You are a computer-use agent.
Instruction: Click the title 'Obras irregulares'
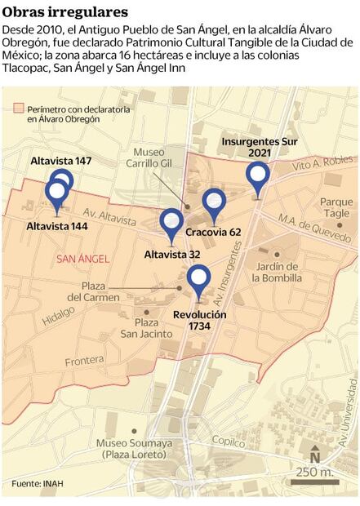(65, 12)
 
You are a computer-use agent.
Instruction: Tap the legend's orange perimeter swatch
(19, 108)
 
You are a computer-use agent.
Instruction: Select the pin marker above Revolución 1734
(199, 277)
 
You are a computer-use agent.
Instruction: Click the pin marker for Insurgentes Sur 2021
(258, 175)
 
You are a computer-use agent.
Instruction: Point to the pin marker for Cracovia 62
(214, 201)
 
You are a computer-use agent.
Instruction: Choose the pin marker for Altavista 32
(171, 221)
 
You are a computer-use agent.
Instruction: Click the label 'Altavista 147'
(60, 162)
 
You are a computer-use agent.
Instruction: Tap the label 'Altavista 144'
(56, 226)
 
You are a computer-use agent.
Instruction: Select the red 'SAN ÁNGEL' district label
(82, 259)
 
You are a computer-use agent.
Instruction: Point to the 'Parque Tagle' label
(336, 207)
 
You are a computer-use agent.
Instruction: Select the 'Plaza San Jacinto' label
(140, 327)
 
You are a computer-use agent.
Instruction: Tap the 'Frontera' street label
(85, 361)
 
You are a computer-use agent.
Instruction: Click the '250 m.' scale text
(315, 473)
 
